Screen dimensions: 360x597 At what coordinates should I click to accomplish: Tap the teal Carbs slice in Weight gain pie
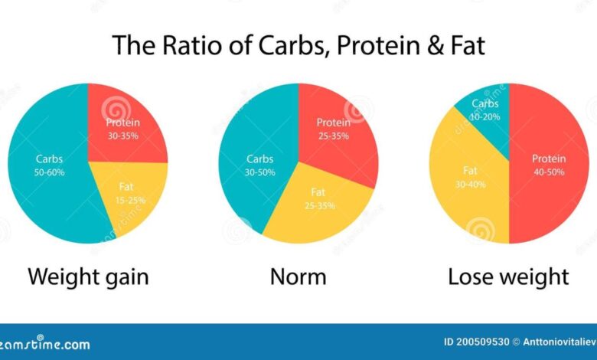click(50, 165)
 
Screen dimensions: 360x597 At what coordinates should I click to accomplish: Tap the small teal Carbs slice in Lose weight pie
click(485, 111)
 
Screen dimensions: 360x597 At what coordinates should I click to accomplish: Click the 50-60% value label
click(50, 172)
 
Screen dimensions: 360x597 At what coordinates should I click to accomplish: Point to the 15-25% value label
click(131, 200)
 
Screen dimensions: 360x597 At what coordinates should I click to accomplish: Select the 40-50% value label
click(549, 172)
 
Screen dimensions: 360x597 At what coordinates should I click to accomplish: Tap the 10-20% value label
click(485, 116)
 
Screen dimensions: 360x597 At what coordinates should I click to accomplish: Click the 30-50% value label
click(260, 172)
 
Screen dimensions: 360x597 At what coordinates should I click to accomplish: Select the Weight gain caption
click(88, 276)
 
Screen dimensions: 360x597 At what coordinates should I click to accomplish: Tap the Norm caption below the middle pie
click(298, 276)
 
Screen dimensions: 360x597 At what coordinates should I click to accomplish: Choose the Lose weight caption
click(508, 276)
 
